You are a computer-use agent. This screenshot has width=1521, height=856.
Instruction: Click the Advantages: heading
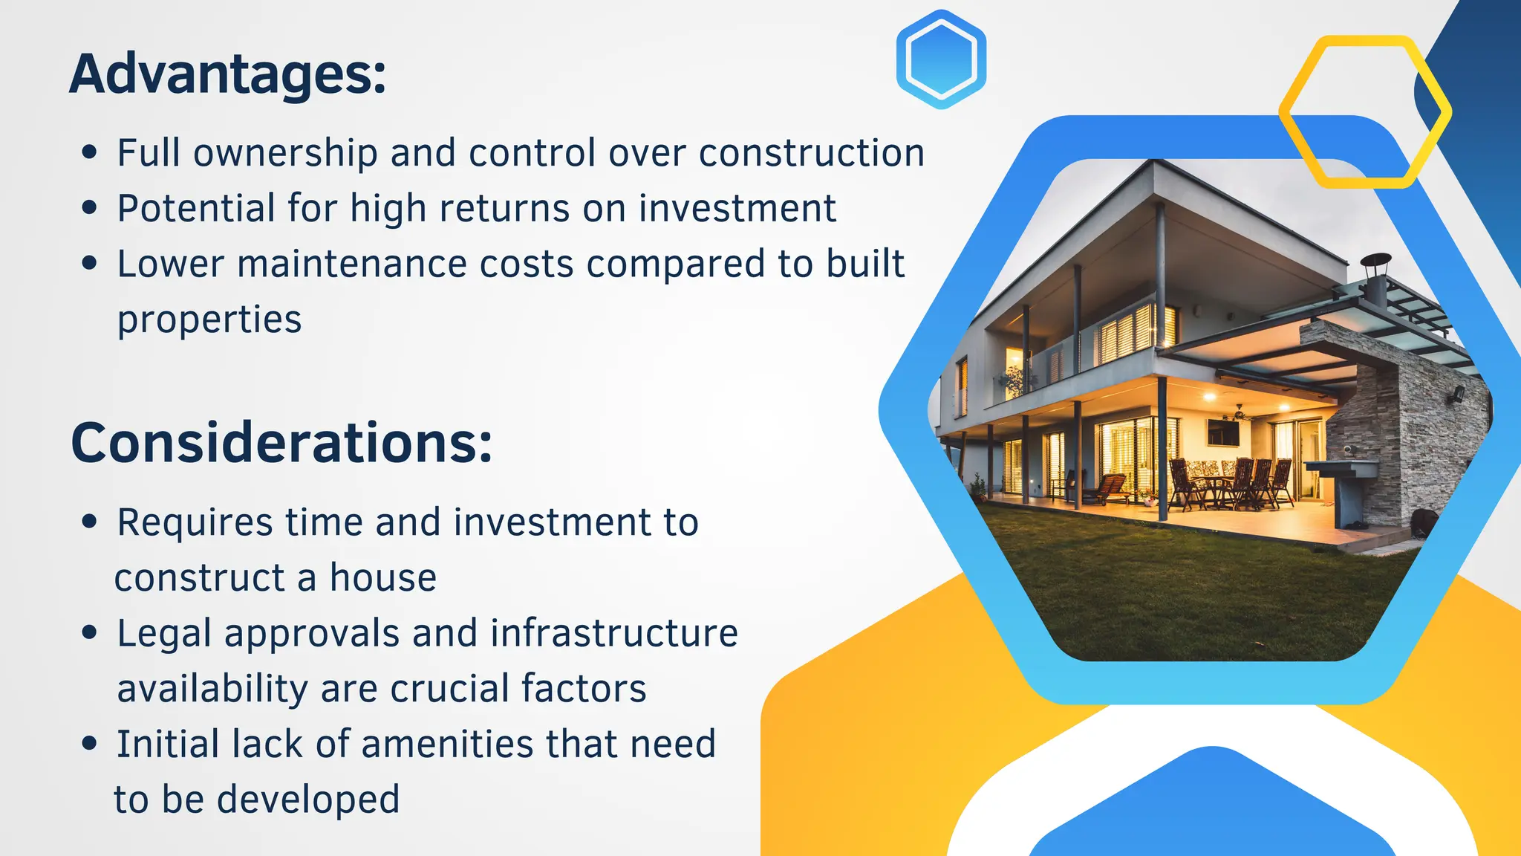[x=227, y=74]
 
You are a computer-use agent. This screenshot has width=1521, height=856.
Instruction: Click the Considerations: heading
[x=281, y=443]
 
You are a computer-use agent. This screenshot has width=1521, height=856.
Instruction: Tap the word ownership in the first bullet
[x=285, y=153]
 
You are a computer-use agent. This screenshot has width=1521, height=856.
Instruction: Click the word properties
[x=209, y=320]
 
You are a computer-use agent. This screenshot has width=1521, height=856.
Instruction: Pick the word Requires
[x=195, y=522]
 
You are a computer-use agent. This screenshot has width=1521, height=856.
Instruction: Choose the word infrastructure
[x=613, y=633]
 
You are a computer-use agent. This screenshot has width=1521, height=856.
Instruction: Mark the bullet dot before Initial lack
[x=90, y=744]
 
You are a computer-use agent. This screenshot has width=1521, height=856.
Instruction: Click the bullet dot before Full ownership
[x=90, y=152]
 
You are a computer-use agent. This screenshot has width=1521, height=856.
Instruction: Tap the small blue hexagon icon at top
[x=941, y=59]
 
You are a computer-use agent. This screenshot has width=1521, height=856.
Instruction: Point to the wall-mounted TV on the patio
[x=1222, y=432]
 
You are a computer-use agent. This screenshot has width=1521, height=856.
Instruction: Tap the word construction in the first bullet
[x=811, y=153]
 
